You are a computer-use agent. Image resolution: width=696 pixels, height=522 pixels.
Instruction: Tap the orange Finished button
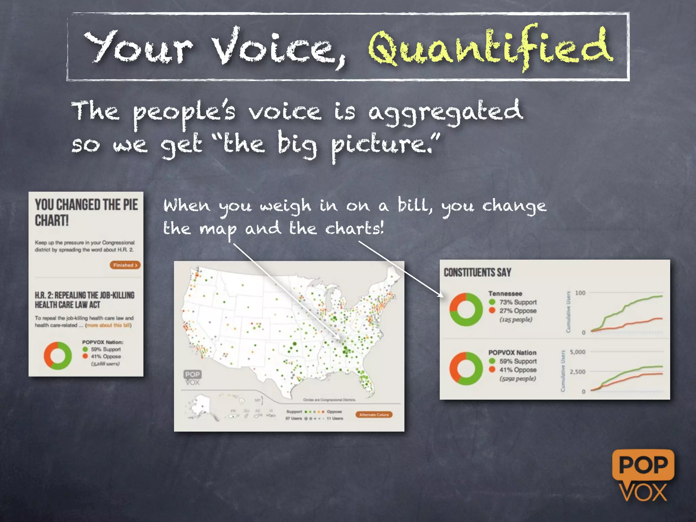pos(125,265)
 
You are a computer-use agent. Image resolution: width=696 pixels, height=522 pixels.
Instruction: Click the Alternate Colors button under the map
pos(374,415)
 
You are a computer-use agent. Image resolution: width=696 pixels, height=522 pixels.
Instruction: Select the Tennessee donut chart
pos(466,310)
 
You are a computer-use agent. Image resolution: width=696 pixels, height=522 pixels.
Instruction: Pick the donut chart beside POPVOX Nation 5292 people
pos(466,369)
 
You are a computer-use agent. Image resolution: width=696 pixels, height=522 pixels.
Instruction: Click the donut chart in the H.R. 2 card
pos(58,356)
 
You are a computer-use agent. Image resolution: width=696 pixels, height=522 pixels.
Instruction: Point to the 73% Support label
pos(518,302)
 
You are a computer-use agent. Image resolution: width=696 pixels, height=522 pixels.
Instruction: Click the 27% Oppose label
pos(518,311)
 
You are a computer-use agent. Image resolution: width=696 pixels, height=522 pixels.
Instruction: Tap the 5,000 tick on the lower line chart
pos(577,352)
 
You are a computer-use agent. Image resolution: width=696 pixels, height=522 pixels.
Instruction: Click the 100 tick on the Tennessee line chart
pos(580,293)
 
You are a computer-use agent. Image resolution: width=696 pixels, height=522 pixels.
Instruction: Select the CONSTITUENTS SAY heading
pos(477,273)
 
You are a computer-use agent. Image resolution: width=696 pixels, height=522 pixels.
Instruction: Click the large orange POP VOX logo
pos(643,476)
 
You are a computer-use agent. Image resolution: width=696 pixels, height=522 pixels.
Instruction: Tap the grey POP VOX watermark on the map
pos(192,378)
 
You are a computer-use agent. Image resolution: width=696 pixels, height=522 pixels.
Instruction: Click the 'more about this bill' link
pos(108,325)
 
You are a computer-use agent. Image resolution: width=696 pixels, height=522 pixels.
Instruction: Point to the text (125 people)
pos(516,319)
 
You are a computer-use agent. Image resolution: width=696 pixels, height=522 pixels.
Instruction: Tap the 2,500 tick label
pos(577,372)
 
